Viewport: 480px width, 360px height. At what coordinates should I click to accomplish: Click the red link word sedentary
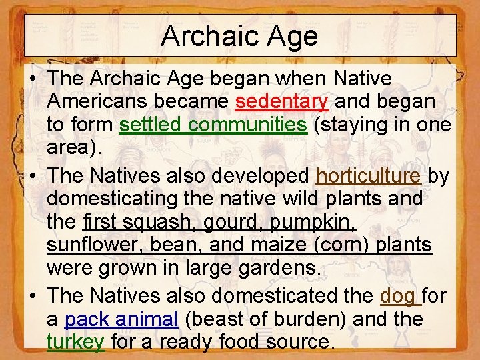coord(282,101)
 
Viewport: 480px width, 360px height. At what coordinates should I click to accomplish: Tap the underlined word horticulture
coord(368,175)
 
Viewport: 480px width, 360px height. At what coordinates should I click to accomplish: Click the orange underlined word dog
coord(399,295)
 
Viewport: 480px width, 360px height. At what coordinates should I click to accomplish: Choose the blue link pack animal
coord(121,319)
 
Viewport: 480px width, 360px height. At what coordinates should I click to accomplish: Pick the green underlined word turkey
coord(76,342)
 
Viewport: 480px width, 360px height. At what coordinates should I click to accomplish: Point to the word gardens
coord(272,269)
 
